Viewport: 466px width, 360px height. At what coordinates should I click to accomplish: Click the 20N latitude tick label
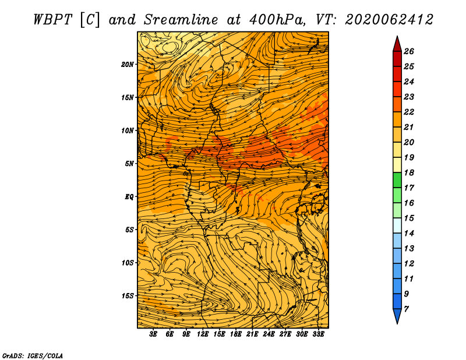[128, 65]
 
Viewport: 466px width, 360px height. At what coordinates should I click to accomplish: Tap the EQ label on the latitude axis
[129, 197]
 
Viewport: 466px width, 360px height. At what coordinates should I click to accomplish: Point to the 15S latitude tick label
[128, 296]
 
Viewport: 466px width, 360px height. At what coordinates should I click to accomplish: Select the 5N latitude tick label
[129, 164]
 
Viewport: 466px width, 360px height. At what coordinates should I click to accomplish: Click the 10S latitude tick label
[128, 263]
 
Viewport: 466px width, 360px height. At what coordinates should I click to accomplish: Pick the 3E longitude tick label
[153, 334]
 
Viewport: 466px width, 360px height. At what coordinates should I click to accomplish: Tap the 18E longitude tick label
[236, 334]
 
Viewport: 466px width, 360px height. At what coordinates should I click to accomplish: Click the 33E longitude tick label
[318, 334]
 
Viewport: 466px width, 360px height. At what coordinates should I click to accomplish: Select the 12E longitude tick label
[203, 334]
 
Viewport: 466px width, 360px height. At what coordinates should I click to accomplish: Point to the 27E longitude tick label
[285, 334]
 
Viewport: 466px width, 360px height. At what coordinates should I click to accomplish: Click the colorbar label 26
[409, 51]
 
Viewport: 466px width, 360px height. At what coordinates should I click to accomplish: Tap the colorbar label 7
[406, 309]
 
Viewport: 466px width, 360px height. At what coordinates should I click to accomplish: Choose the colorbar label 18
[409, 172]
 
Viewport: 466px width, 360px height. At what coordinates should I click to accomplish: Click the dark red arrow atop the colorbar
[397, 44]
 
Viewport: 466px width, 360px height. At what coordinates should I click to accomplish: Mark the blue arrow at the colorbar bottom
[397, 316]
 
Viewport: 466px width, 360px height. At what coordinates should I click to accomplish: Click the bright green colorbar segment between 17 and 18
[397, 180]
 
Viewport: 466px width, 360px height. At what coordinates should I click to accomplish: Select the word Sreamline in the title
[181, 20]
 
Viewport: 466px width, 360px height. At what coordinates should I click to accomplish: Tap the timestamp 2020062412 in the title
[389, 20]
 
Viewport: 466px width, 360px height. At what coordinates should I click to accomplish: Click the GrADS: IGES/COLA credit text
[33, 355]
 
